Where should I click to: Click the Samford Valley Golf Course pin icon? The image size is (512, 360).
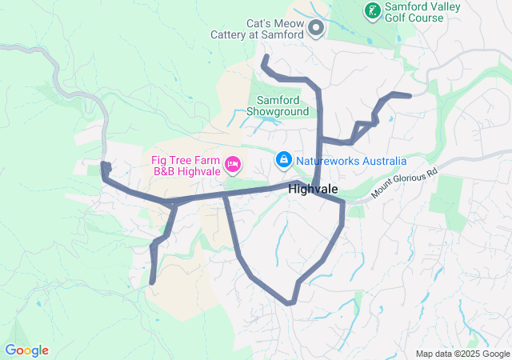tap(372, 11)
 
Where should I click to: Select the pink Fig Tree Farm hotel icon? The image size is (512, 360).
tap(233, 164)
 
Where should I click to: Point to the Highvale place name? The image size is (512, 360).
tap(312, 189)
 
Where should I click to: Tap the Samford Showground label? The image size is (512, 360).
tap(278, 106)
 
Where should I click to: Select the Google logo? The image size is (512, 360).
tap(26, 350)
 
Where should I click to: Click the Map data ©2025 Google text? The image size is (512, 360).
tap(462, 354)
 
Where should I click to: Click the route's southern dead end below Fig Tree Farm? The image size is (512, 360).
tap(152, 282)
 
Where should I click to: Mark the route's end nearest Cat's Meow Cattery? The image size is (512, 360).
tap(265, 58)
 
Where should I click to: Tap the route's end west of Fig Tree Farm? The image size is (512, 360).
tap(104, 165)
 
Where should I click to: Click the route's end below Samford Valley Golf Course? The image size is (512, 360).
tap(409, 96)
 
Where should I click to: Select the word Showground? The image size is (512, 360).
tap(278, 112)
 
